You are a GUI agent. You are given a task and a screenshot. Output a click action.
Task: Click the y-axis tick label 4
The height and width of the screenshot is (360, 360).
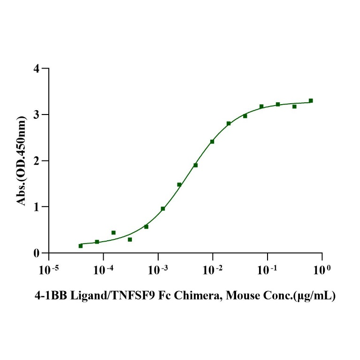36,69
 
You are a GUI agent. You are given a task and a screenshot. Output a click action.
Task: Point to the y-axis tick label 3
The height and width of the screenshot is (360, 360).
36,115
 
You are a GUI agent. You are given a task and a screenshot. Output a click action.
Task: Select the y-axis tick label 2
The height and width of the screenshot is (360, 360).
36,161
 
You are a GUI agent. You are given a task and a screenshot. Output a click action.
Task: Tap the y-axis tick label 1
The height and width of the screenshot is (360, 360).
36,207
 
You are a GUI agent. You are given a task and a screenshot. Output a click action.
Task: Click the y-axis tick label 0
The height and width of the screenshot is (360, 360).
36,253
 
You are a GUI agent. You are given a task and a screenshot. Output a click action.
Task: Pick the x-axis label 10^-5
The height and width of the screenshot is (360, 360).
48,270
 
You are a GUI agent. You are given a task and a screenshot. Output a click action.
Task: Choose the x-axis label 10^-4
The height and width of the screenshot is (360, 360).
103,270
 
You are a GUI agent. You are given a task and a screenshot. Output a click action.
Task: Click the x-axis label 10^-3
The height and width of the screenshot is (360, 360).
158,270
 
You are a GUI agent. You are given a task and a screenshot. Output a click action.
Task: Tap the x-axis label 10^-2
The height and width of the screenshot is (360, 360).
212,270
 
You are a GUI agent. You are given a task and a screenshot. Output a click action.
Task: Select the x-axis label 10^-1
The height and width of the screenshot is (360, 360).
267,270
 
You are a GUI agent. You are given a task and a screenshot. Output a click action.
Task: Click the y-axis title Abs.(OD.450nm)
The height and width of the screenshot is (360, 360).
21,161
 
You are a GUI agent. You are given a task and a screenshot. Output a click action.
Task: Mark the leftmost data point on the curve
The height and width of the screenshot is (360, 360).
80,245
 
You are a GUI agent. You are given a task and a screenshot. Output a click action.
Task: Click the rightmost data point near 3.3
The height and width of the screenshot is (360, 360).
311,100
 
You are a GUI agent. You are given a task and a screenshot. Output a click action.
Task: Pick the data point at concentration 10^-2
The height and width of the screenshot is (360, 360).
212,141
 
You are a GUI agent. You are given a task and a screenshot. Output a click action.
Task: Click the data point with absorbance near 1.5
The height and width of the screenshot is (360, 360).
179,184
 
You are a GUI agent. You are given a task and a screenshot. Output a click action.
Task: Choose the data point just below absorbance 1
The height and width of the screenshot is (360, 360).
163,208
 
